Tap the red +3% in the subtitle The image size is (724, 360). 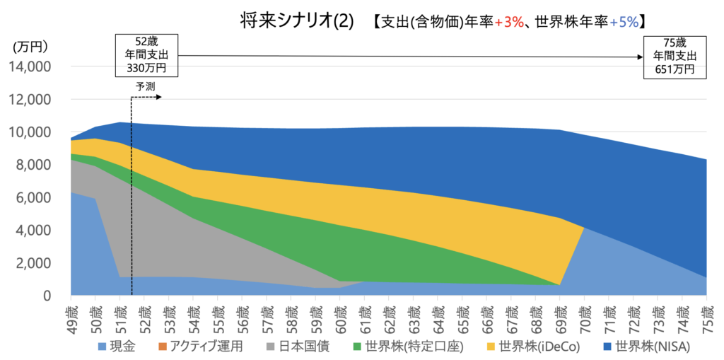(509, 22)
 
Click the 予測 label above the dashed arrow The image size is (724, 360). (145, 86)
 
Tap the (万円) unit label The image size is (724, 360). (30, 47)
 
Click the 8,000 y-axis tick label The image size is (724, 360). (33, 165)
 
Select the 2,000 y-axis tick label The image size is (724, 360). (33, 263)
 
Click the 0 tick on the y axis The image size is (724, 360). (45, 296)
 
